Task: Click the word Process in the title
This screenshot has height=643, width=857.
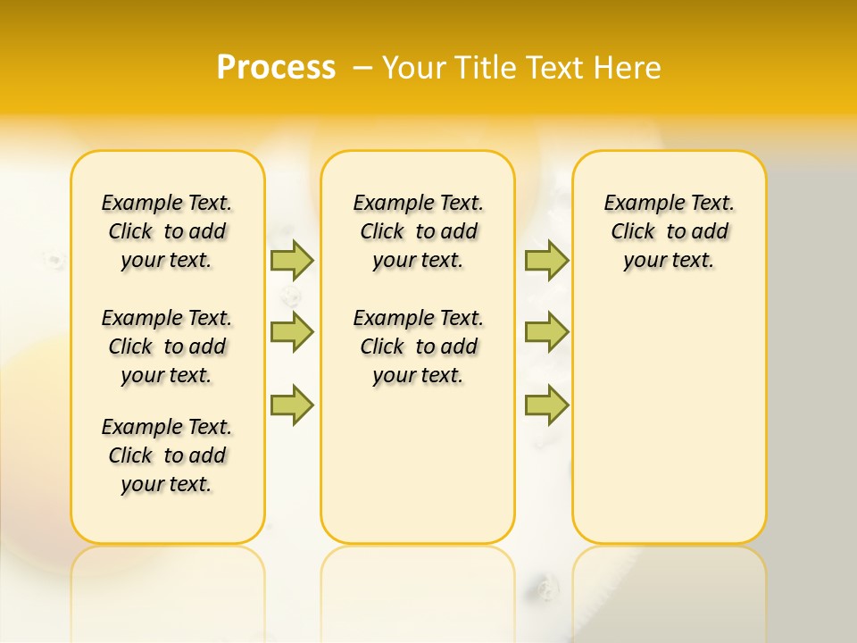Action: point(276,68)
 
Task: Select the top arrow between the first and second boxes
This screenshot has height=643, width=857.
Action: point(292,260)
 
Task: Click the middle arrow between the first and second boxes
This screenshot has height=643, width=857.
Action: point(292,331)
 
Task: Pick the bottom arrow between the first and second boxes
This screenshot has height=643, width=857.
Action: point(292,405)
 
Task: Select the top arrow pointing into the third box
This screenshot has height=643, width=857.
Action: point(546,260)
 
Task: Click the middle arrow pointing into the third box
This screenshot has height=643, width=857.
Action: point(546,331)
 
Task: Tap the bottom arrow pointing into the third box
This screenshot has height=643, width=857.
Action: point(546,405)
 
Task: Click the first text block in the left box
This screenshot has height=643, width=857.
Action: point(167,231)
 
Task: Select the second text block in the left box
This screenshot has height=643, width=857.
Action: point(167,347)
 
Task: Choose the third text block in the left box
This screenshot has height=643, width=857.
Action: point(167,455)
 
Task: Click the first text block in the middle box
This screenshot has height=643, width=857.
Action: point(418,231)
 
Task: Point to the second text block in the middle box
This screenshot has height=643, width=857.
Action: point(418,347)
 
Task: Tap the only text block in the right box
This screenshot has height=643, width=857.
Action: point(669,231)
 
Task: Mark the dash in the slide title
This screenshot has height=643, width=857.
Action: point(363,68)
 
